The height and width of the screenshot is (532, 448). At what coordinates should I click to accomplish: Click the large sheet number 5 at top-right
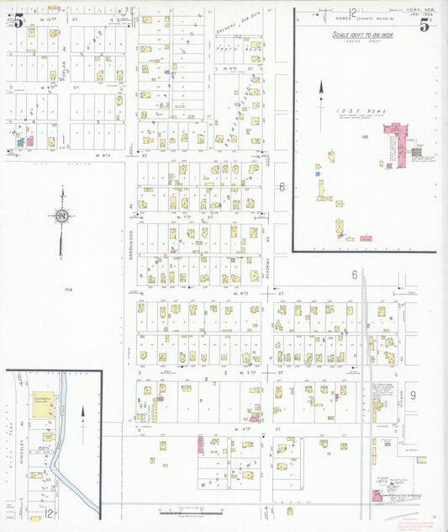tap(424, 25)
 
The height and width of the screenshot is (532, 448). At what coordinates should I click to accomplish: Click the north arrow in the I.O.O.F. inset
tap(319, 105)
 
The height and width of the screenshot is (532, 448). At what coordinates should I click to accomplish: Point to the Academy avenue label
tap(267, 266)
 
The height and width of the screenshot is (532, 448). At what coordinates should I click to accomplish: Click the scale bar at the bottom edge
tap(181, 511)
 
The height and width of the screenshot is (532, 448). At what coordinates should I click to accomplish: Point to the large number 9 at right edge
tap(413, 395)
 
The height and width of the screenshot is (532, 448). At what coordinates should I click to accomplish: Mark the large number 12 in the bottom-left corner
tap(50, 513)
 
